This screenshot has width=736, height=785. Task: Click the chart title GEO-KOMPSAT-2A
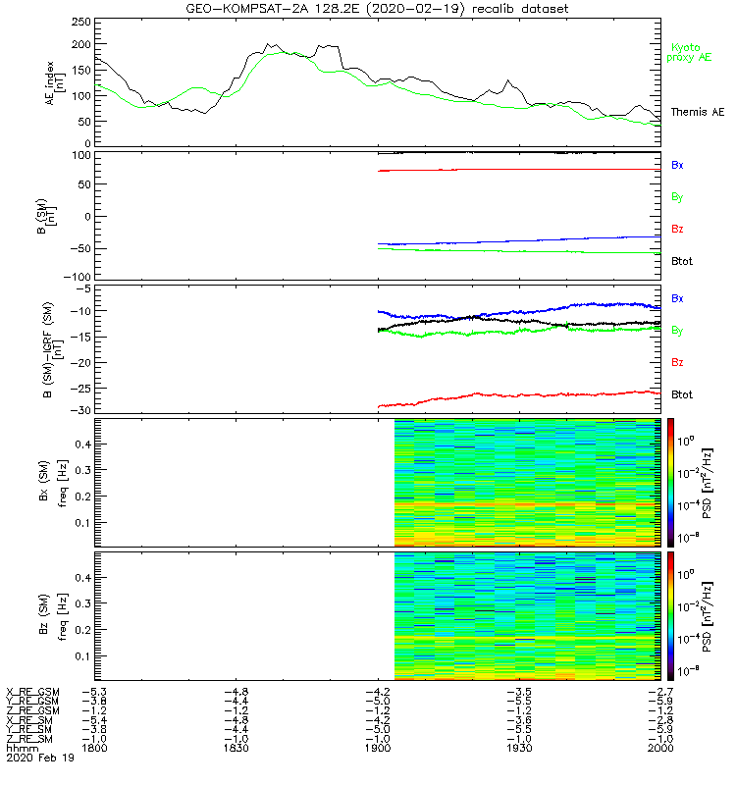(377, 9)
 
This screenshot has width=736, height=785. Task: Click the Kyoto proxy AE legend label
(692, 52)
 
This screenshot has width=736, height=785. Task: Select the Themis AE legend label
(698, 113)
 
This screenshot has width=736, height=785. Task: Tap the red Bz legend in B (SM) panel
(677, 230)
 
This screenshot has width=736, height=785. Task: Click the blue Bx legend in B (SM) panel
(677, 165)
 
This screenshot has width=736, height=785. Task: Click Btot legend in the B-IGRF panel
(682, 394)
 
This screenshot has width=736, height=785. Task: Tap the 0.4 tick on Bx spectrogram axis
(83, 444)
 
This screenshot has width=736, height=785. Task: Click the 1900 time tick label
(378, 748)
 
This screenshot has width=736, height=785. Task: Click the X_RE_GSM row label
(32, 692)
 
